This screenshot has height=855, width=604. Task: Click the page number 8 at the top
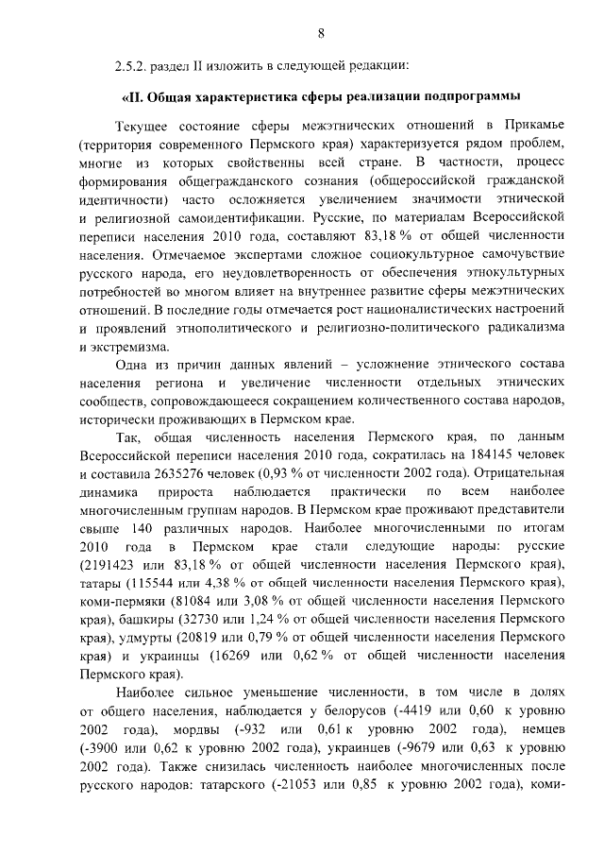[x=321, y=35]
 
